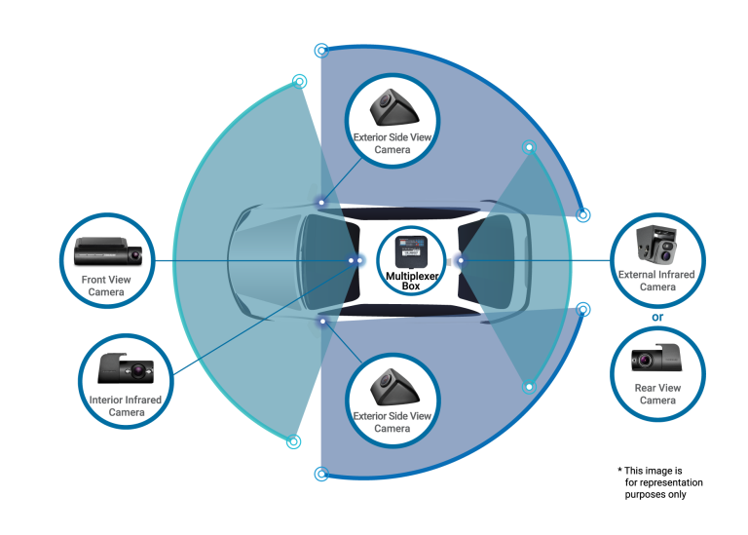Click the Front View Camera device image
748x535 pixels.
(108, 253)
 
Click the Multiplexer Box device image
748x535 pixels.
(410, 250)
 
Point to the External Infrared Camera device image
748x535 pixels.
(657, 244)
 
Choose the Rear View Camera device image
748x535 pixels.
(657, 361)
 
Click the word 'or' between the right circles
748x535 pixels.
(657, 316)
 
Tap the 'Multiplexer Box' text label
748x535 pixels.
(410, 282)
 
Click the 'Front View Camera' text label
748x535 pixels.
(107, 286)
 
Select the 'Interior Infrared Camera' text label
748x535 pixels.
(127, 405)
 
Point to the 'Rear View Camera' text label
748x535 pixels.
(657, 394)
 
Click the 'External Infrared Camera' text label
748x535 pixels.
(657, 281)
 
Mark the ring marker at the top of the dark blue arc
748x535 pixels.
(321, 49)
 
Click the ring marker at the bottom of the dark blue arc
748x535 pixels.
(321, 475)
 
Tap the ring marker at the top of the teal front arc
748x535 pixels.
(299, 82)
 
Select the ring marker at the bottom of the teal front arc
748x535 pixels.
(293, 442)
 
